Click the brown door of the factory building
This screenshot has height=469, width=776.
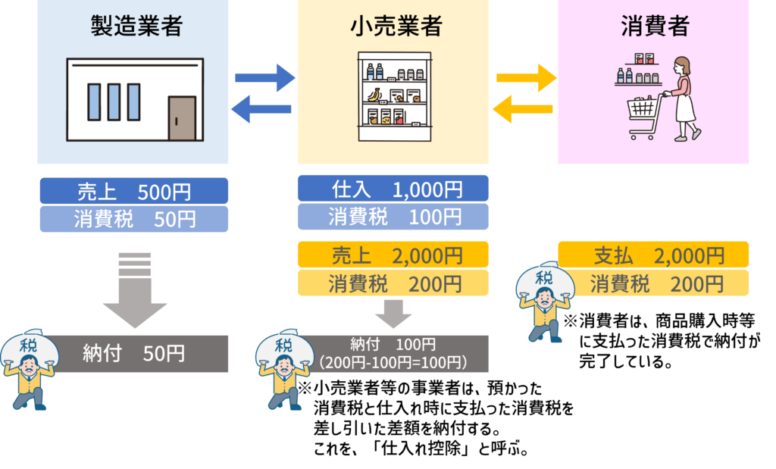coord(182,119)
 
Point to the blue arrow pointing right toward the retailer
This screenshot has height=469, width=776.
coord(264,77)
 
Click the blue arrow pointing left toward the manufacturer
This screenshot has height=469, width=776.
coord(261,109)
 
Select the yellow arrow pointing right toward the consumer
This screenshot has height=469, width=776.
coord(526,77)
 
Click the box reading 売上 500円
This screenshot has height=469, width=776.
coord(133,191)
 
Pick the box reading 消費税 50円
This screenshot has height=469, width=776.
coord(133,219)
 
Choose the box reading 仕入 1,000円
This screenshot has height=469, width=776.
coord(393,189)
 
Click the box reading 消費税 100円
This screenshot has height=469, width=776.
coord(393,217)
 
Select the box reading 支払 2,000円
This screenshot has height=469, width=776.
coord(653,255)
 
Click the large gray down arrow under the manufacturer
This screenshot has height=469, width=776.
coord(134,292)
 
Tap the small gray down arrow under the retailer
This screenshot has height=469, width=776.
coord(393,312)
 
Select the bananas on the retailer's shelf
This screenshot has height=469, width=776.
coord(374,95)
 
